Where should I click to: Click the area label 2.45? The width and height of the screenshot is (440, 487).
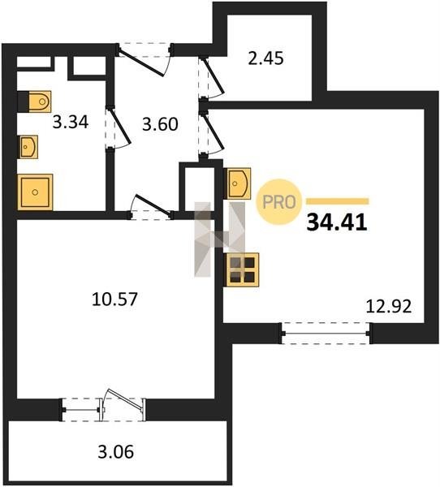pos(265,58)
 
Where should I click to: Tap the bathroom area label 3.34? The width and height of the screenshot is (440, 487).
pos(71,122)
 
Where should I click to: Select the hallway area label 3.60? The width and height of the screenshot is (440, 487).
pos(160,124)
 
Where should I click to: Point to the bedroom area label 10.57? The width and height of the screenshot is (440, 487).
pos(114,299)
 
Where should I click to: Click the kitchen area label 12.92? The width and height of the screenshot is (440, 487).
pos(389,306)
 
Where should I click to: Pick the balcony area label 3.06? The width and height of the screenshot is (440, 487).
pos(115,452)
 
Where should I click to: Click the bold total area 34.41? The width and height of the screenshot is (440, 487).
pos(337,222)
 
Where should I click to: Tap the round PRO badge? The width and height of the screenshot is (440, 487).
pos(278,202)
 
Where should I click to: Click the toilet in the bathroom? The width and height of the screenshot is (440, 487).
pos(34,101)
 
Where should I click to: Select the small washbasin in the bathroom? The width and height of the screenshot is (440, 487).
pos(28,147)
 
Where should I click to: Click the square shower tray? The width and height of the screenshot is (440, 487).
pos(35,192)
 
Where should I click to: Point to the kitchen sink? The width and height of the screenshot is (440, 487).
pos(237,183)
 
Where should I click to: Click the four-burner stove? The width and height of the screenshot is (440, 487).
pos(243,269)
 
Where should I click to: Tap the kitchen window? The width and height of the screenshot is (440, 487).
pos(326,334)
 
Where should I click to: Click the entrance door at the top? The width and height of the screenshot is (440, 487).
pos(144,59)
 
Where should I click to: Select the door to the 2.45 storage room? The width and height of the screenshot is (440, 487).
pos(211,78)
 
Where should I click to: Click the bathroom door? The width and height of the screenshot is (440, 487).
pos(118,128)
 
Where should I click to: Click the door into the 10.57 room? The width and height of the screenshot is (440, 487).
pos(151,207)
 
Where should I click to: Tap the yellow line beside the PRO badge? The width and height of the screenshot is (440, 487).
pos(338,201)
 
